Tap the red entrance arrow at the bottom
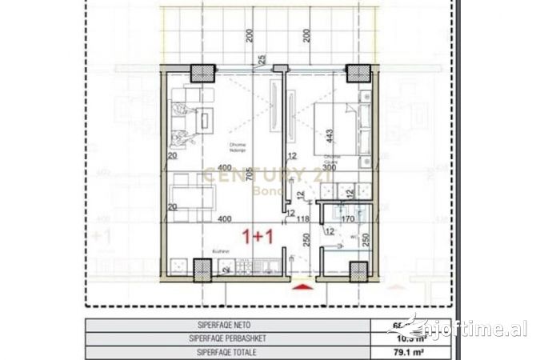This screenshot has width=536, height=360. tap(302, 286)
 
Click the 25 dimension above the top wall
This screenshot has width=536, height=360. tap(261, 58)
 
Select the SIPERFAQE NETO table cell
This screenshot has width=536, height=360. tap(232, 326)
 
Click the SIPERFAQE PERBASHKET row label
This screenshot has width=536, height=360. tap(232, 338)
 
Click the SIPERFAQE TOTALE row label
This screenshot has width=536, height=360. tap(232, 350)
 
